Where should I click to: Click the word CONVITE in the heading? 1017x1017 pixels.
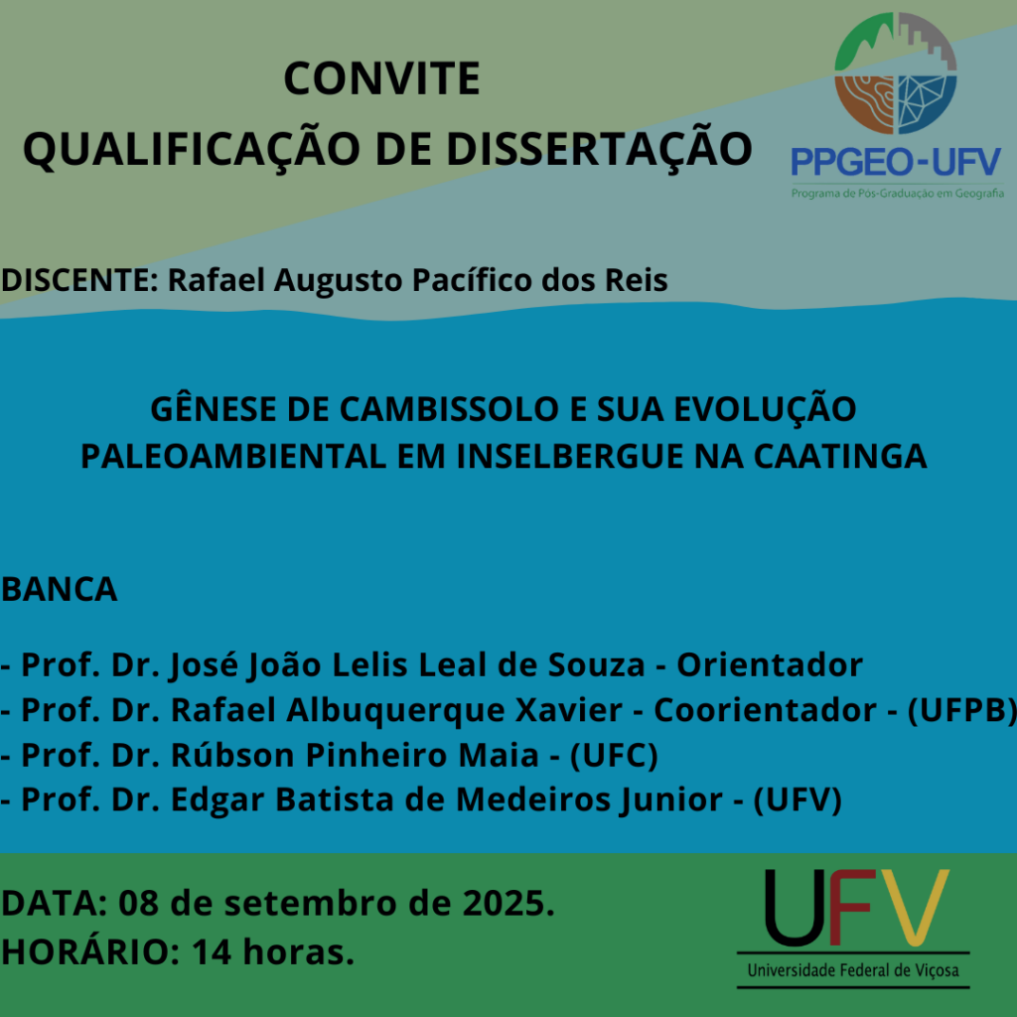(381, 78)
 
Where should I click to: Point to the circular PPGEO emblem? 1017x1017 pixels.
(896, 73)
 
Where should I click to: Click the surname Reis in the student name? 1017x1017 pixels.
(637, 280)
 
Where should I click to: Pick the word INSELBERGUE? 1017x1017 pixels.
(570, 456)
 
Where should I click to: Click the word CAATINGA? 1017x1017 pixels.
(840, 456)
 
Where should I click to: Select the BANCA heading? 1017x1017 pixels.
(59, 590)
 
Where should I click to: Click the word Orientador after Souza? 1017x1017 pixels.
(770, 664)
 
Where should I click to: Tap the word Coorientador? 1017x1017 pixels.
(766, 709)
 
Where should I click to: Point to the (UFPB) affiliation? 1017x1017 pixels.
(961, 710)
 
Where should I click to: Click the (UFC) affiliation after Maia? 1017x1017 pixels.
(614, 755)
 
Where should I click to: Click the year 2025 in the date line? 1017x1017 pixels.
(508, 903)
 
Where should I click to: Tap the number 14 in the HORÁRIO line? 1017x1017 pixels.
(212, 952)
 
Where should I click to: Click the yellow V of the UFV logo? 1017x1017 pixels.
(910, 907)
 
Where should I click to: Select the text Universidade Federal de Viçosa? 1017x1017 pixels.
(853, 970)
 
